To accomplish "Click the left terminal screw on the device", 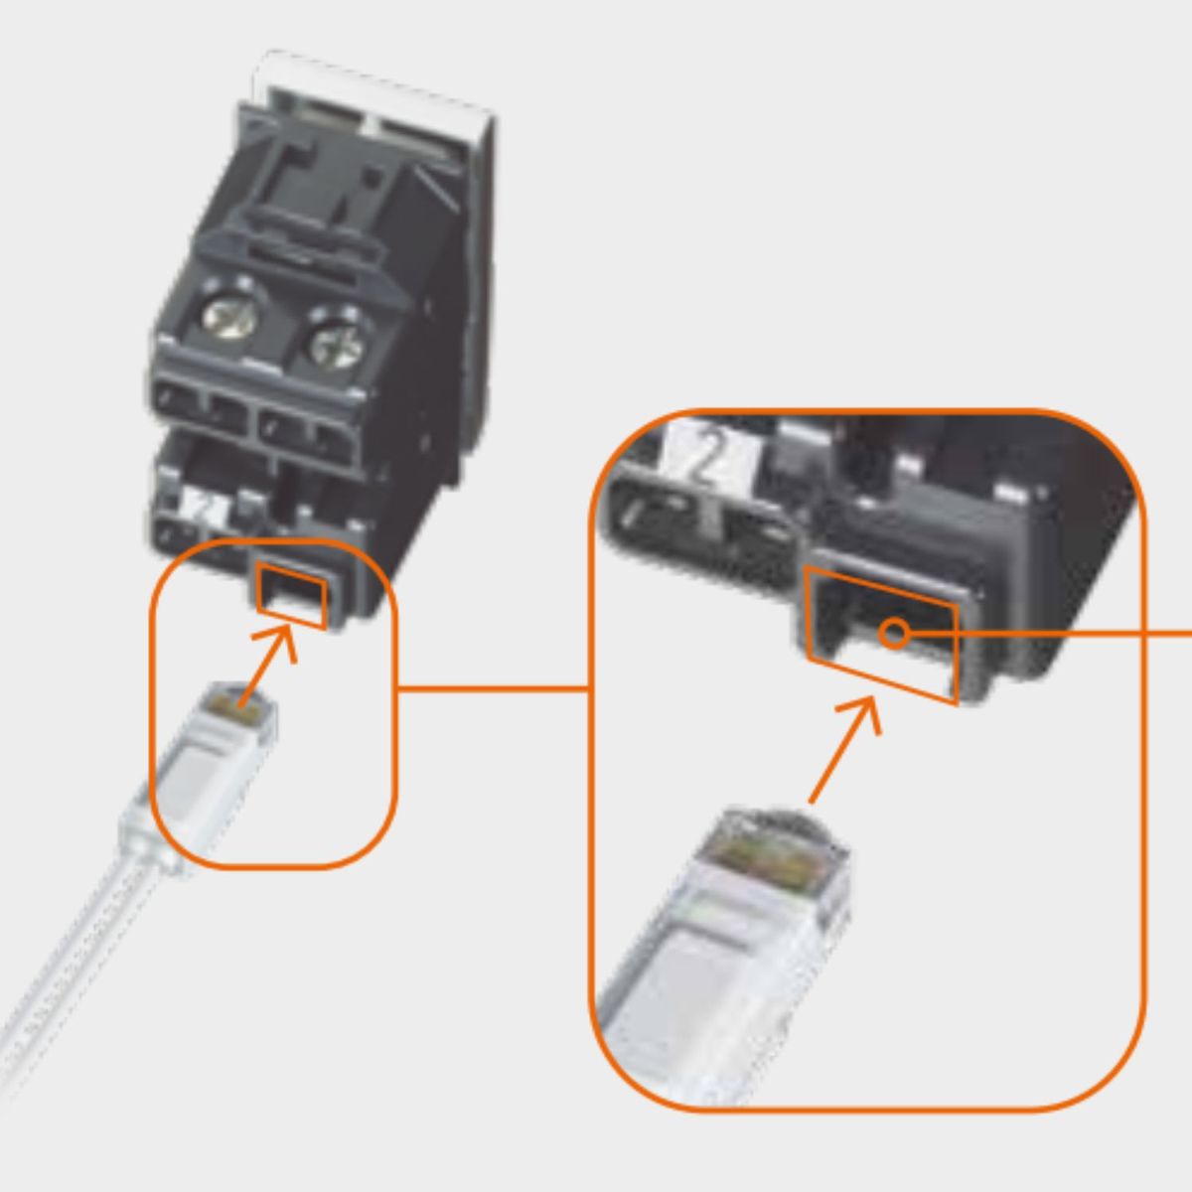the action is click(230, 316).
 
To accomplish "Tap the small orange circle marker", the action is click(894, 634).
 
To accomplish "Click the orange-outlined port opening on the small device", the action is click(292, 595).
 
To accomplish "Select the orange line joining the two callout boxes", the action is click(493, 687).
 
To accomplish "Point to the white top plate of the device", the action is click(372, 99).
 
